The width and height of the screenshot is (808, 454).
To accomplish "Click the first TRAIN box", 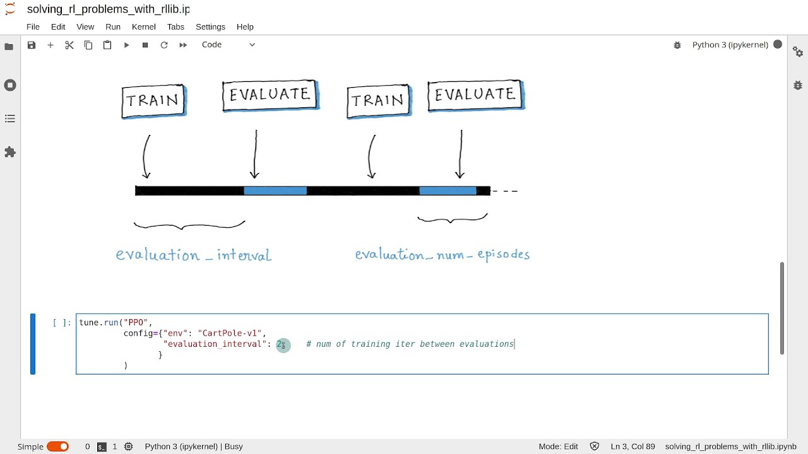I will (153, 101).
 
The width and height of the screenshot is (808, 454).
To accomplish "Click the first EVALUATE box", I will (270, 95).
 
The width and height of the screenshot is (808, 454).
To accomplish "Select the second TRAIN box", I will (379, 101).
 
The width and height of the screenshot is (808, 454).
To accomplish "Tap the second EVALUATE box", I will (475, 95).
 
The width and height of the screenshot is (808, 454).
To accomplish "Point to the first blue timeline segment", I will (275, 190).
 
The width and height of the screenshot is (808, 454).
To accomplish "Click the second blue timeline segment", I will (448, 190).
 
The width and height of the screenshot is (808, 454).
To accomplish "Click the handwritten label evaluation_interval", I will (193, 255).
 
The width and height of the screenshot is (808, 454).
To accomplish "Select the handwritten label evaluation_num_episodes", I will (442, 255).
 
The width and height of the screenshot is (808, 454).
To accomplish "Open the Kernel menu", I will (143, 26).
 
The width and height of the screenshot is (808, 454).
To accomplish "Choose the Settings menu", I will (210, 26).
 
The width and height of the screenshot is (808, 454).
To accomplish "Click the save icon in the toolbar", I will (32, 45).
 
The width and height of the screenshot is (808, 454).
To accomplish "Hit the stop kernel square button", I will (145, 45).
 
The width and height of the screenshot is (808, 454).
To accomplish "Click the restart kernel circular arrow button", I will (164, 45).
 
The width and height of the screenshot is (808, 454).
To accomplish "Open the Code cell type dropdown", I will (228, 45).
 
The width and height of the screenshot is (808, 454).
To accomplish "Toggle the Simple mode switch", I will (57, 446).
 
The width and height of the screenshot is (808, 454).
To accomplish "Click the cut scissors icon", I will (69, 45).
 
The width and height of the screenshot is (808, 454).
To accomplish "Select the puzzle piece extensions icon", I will (10, 152).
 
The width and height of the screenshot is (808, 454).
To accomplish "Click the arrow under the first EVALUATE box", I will (255, 154).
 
